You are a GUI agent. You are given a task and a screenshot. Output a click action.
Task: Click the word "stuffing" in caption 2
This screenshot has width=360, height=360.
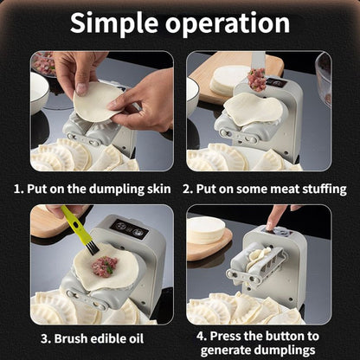321,188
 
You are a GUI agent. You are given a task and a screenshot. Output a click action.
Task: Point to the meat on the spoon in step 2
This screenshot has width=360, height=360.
256,81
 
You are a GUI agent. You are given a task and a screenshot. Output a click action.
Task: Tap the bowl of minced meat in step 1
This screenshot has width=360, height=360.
43,64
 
